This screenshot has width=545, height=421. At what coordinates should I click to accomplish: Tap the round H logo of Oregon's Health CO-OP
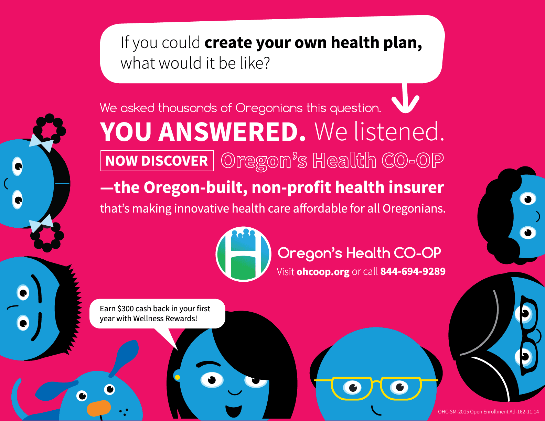pyautogui.click(x=243, y=254)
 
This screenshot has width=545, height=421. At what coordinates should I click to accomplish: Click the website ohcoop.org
pyautogui.click(x=323, y=272)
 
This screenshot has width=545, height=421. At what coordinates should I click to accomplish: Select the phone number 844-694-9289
pyautogui.click(x=413, y=271)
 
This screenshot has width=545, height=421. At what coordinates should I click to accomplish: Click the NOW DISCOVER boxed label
pyautogui.click(x=157, y=161)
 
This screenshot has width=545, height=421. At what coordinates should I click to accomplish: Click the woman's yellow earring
pyautogui.click(x=177, y=377)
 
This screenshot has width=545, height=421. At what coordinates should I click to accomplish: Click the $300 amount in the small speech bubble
pyautogui.click(x=125, y=309)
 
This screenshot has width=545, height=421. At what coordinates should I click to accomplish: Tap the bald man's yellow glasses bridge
pyautogui.click(x=376, y=382)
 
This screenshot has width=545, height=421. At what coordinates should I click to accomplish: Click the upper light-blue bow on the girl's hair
pyautogui.click(x=41, y=143)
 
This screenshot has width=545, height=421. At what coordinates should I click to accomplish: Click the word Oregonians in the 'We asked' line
pyautogui.click(x=269, y=108)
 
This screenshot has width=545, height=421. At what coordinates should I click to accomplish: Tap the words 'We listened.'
pyautogui.click(x=379, y=132)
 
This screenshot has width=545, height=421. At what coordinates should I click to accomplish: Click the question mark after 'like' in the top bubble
pyautogui.click(x=265, y=63)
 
